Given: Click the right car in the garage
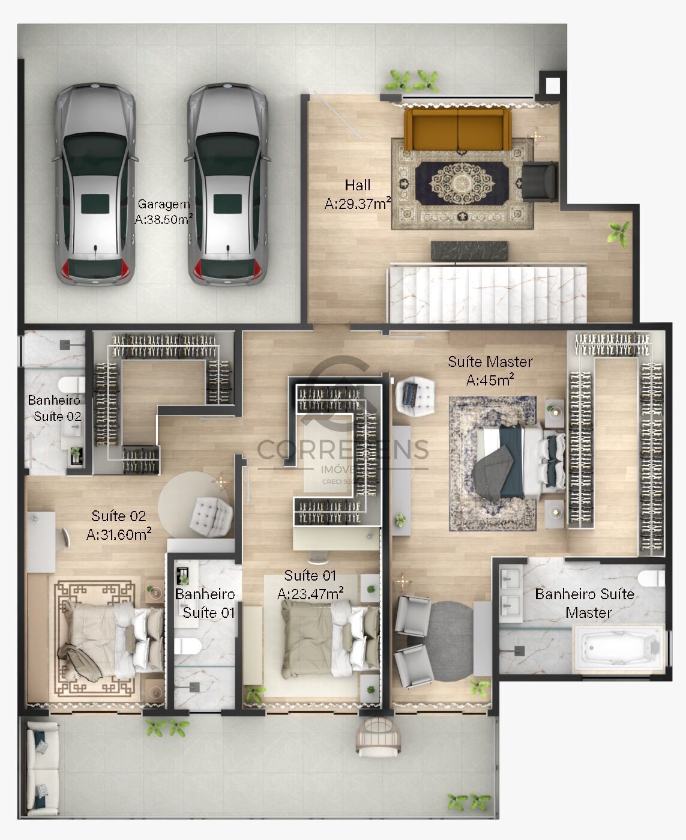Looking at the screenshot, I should click(227, 185).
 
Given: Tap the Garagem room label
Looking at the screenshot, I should click(163, 204).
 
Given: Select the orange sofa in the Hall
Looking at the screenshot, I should click(457, 128).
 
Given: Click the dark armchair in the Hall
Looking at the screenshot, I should click(539, 180).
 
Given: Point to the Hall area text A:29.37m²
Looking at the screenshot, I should click(358, 204).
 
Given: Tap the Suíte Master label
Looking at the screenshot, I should click(490, 361).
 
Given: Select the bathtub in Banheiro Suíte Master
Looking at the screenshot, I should click(619, 649).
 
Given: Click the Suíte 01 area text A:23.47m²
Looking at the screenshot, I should click(310, 594).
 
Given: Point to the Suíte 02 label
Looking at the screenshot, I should click(118, 516).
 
